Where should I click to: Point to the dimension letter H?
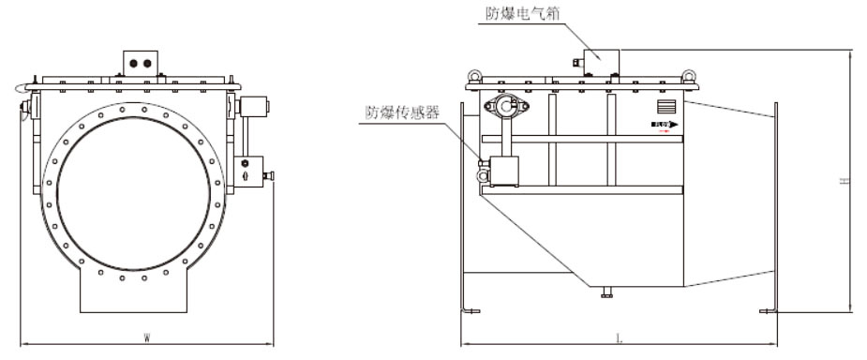click(844, 179)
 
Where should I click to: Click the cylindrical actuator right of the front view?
click(251, 106)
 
